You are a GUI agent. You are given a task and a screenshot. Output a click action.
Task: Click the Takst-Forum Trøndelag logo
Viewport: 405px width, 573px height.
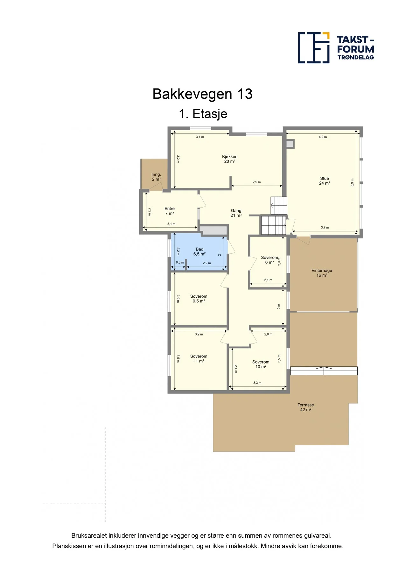pyautogui.click(x=336, y=48)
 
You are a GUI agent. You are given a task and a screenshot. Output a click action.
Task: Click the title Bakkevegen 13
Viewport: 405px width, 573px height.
pyautogui.click(x=203, y=94)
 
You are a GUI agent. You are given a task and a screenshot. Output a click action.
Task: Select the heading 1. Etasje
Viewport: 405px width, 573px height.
pyautogui.click(x=203, y=114)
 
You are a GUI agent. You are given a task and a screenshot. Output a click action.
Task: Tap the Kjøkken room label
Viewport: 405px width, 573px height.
pyautogui.click(x=230, y=159)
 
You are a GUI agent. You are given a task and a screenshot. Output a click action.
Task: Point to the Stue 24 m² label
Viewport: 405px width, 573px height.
pyautogui.click(x=325, y=181)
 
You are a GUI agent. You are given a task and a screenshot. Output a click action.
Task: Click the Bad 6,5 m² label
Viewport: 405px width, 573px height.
pyautogui.click(x=199, y=251)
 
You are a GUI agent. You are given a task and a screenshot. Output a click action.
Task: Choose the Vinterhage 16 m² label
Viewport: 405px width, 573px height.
pyautogui.click(x=322, y=273)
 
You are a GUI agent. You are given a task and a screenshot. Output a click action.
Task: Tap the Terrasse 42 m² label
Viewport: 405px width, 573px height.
pyautogui.click(x=306, y=407)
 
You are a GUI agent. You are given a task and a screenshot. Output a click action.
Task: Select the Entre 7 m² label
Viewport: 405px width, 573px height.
pyautogui.click(x=170, y=211)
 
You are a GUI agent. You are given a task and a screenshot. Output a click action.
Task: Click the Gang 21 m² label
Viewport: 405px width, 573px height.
pyautogui.click(x=236, y=213)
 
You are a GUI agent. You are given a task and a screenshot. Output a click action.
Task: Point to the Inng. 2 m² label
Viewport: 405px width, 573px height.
pyautogui.click(x=156, y=177)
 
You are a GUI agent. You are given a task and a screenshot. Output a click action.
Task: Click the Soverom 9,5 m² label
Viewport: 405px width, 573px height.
pyautogui.click(x=199, y=299)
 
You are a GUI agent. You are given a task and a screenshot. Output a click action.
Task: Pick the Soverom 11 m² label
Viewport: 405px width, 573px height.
pyautogui.click(x=199, y=358)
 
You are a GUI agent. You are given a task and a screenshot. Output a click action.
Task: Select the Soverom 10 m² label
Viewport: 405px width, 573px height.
pyautogui.click(x=261, y=364)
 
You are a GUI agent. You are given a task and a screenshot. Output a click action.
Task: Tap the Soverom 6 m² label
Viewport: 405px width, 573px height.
pyautogui.click(x=269, y=260)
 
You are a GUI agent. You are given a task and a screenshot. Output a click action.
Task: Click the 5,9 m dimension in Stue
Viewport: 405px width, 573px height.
pyautogui.click(x=352, y=182)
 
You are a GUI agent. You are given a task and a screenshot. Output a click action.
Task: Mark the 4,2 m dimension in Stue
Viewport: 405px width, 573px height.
pyautogui.click(x=323, y=137)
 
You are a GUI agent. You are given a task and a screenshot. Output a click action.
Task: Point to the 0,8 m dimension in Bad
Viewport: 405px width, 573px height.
pyautogui.click(x=180, y=262)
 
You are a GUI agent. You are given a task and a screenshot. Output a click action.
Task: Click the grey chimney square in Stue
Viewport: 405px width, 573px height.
pyautogui.click(x=290, y=144)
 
